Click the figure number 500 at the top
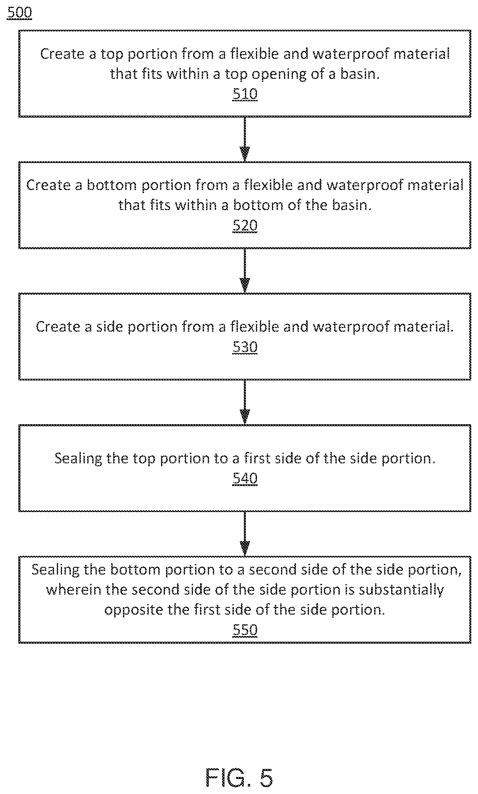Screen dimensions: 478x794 coord(19,13)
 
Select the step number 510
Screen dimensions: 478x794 coord(245,94)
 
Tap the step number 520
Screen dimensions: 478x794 coord(245,226)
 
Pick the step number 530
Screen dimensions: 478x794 coord(245,347)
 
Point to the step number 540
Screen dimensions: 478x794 coord(245,478)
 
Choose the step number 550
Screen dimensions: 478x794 coord(245,630)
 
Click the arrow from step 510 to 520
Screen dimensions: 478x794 coord(245,139)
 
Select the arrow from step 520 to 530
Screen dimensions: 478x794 coord(245,271)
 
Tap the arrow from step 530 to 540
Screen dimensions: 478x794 coord(245,402)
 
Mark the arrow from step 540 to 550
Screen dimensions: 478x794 coord(245,533)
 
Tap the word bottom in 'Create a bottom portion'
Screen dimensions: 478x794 coord(112,185)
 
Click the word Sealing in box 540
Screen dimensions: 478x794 coord(78,459)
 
